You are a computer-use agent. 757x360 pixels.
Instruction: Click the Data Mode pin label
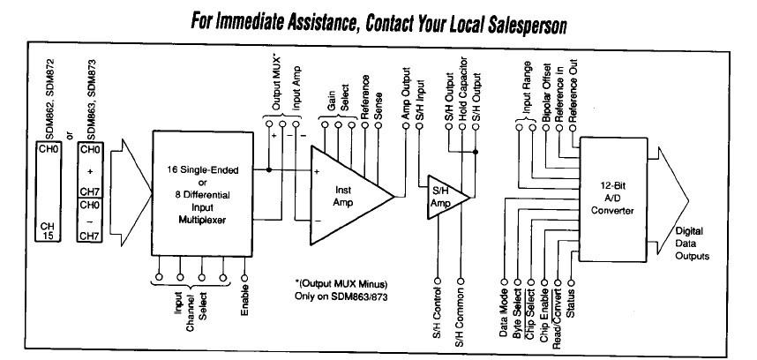click(502, 314)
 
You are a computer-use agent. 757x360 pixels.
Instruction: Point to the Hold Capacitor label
click(462, 88)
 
